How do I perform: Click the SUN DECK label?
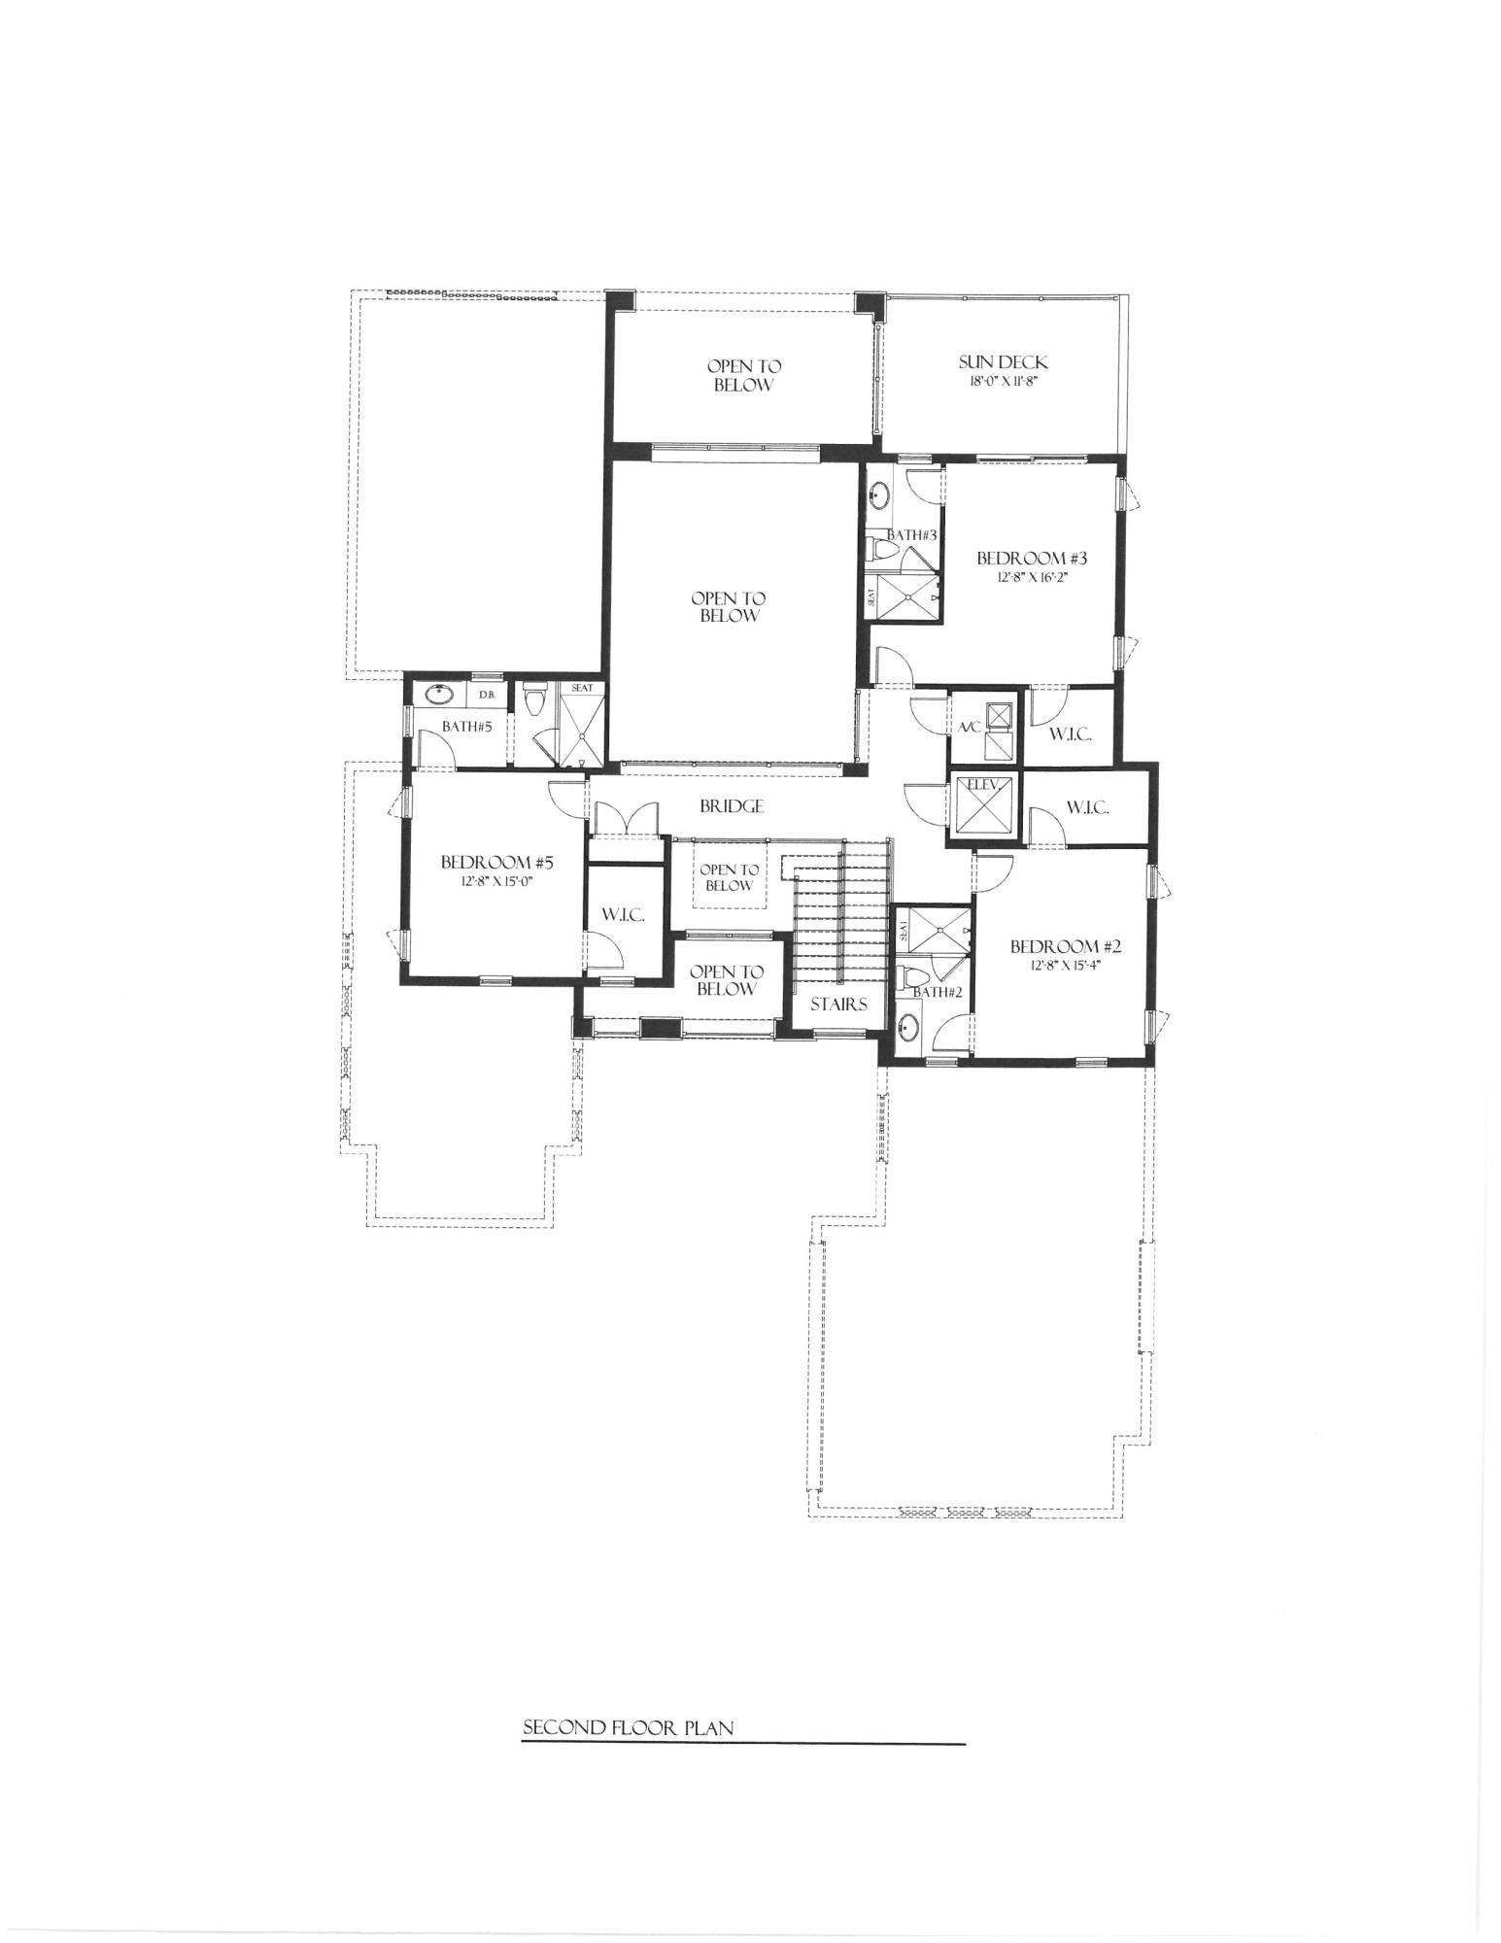1004,362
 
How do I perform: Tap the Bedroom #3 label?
1031,559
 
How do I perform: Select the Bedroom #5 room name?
496,862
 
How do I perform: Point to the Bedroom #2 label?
1065,946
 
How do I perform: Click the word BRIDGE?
731,806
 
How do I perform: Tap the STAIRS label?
838,1005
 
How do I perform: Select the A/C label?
969,728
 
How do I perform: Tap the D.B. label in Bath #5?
487,695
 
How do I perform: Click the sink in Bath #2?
908,1024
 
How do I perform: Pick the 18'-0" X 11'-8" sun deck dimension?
1003,382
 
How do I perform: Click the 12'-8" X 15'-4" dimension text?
1065,966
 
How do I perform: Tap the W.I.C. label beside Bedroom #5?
623,915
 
